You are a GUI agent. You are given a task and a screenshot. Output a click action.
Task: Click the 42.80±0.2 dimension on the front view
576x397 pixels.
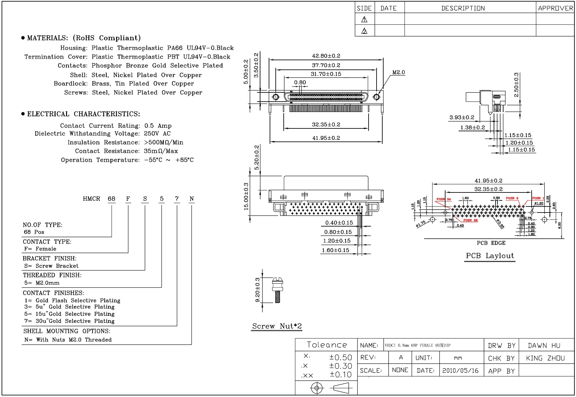coord(326,56)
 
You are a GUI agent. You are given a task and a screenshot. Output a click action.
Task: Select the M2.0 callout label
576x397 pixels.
coord(398,73)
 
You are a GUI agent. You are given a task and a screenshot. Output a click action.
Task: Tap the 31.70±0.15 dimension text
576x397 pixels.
coord(326,74)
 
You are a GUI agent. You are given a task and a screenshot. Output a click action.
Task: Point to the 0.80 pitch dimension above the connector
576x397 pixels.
coord(300,83)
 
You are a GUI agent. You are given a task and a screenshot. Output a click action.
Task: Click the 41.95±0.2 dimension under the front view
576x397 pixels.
coord(326,138)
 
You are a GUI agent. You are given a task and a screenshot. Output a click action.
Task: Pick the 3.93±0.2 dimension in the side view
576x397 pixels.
coord(461,118)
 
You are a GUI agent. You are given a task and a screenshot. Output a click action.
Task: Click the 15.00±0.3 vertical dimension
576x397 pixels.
coord(246,196)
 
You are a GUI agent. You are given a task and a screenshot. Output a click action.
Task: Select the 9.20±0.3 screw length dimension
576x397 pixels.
coord(258,290)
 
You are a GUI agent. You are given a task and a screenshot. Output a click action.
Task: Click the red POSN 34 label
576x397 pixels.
coord(444,199)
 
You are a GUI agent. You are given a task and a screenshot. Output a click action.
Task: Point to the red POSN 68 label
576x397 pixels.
coord(470,220)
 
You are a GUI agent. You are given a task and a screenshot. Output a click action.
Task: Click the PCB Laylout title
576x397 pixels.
coord(490,256)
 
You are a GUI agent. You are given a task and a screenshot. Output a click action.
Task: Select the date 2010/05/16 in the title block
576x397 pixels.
coord(460,371)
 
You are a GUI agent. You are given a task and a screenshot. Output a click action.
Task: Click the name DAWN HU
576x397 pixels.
coord(544,346)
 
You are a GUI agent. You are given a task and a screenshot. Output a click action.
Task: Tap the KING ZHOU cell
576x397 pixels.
coord(545,358)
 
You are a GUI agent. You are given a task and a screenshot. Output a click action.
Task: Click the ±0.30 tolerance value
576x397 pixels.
coord(340,366)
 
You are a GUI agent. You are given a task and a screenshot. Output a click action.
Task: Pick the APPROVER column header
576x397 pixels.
coord(555,8)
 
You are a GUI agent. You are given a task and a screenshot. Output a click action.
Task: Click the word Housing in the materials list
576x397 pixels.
coord(73,48)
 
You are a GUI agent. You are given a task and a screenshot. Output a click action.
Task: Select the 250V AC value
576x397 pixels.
coord(157,134)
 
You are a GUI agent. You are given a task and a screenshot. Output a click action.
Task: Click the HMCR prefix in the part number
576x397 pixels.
coord(91,199)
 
